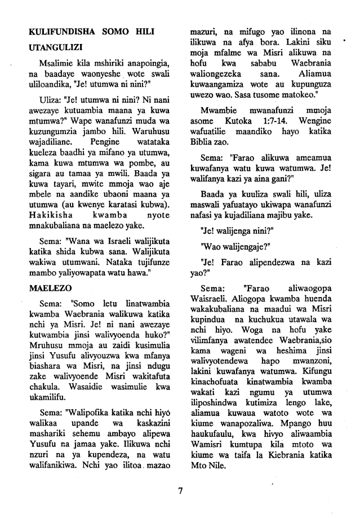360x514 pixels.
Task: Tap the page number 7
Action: pyautogui.click(x=180, y=491)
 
